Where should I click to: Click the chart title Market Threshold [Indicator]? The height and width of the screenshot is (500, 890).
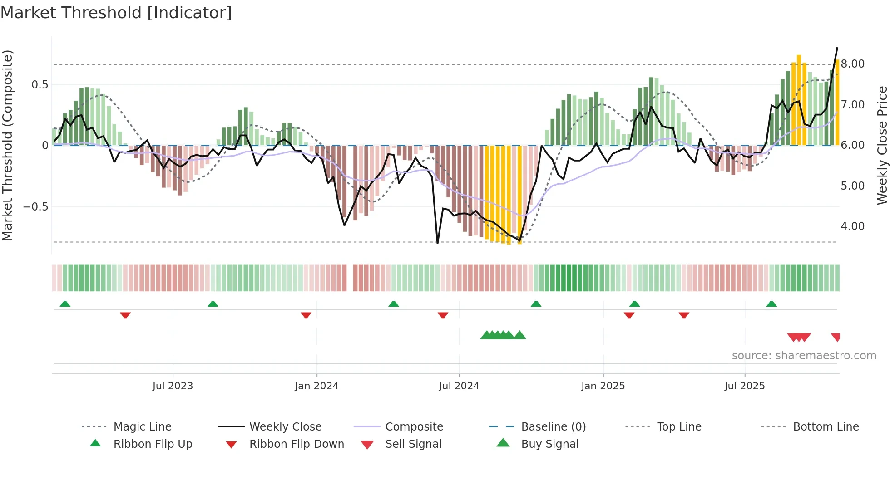pyautogui.click(x=116, y=13)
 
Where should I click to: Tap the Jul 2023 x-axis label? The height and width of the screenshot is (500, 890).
pyautogui.click(x=173, y=386)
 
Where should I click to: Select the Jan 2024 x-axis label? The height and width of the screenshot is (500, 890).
pyautogui.click(x=316, y=386)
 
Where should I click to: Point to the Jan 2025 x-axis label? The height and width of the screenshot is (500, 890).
pyautogui.click(x=603, y=386)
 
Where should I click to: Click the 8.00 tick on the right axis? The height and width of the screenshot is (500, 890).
pyautogui.click(x=852, y=64)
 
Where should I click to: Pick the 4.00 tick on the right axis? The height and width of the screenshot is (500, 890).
pyautogui.click(x=852, y=226)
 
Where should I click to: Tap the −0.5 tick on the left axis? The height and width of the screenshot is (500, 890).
pyautogui.click(x=36, y=207)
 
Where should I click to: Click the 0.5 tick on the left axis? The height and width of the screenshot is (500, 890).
pyautogui.click(x=40, y=85)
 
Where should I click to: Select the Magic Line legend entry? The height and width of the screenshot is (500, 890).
pyautogui.click(x=142, y=427)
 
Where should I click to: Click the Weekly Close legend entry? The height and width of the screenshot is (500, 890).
pyautogui.click(x=285, y=427)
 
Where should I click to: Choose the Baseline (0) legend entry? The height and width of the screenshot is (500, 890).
pyautogui.click(x=553, y=427)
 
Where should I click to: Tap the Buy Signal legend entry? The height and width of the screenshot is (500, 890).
pyautogui.click(x=549, y=444)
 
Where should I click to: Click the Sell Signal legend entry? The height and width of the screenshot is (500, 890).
pyautogui.click(x=413, y=444)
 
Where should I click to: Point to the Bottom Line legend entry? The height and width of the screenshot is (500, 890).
pyautogui.click(x=826, y=427)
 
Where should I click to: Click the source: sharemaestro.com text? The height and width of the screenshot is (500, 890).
pyautogui.click(x=804, y=356)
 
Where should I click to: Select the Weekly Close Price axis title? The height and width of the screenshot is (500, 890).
pyautogui.click(x=882, y=145)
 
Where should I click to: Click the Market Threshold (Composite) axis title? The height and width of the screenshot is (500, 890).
pyautogui.click(x=7, y=145)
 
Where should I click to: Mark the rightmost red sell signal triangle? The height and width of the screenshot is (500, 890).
pyautogui.click(x=836, y=337)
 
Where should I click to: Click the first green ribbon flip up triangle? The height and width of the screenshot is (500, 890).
pyautogui.click(x=65, y=304)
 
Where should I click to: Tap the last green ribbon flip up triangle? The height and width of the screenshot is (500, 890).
pyautogui.click(x=771, y=304)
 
